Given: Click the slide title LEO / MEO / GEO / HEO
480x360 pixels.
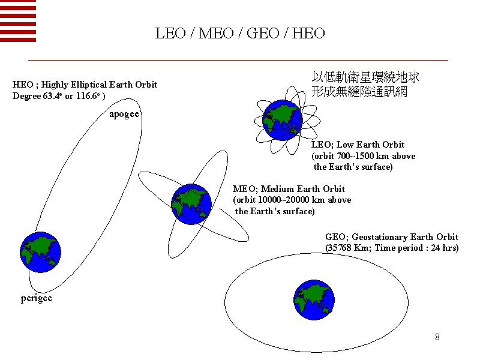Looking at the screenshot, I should click(240, 33).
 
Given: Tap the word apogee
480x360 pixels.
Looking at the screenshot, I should click(124, 114).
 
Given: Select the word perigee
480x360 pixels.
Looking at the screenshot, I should click(37, 298).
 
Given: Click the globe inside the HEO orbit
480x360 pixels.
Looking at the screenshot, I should click(41, 252).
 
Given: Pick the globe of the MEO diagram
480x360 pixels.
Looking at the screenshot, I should click(191, 204).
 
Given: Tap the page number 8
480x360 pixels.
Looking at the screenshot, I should click(437, 337).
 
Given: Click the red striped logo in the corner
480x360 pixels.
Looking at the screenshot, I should click(18, 21).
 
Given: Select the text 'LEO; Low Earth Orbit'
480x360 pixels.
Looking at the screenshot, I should click(358, 145).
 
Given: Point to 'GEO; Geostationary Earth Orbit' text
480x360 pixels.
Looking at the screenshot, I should click(392, 237).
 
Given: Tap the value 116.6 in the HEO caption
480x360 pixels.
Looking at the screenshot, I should click(86, 96).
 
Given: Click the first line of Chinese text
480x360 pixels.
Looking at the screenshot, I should click(365, 77).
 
